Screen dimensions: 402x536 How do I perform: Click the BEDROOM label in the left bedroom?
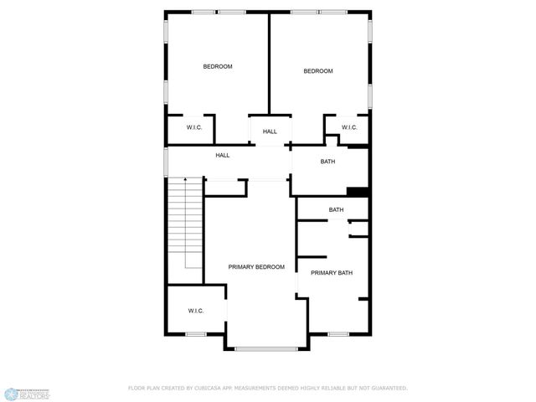(x=218, y=66)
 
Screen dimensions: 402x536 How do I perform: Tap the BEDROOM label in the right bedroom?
(x=317, y=71)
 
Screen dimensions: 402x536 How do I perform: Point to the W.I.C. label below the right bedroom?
(x=349, y=127)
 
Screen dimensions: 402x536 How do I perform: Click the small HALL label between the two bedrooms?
(x=270, y=131)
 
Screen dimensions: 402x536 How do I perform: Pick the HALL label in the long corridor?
(x=223, y=155)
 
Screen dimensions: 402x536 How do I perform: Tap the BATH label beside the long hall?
(x=327, y=162)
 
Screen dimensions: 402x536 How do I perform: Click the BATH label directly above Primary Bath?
(x=336, y=209)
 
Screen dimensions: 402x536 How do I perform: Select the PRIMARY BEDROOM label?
(x=256, y=266)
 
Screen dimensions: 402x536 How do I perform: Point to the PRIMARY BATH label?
(x=332, y=273)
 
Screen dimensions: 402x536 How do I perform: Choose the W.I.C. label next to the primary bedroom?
(x=196, y=311)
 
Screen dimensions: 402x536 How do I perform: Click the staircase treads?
(x=186, y=226)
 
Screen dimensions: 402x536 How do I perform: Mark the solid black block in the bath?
(x=358, y=192)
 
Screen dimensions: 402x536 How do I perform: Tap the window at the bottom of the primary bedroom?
(x=266, y=348)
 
